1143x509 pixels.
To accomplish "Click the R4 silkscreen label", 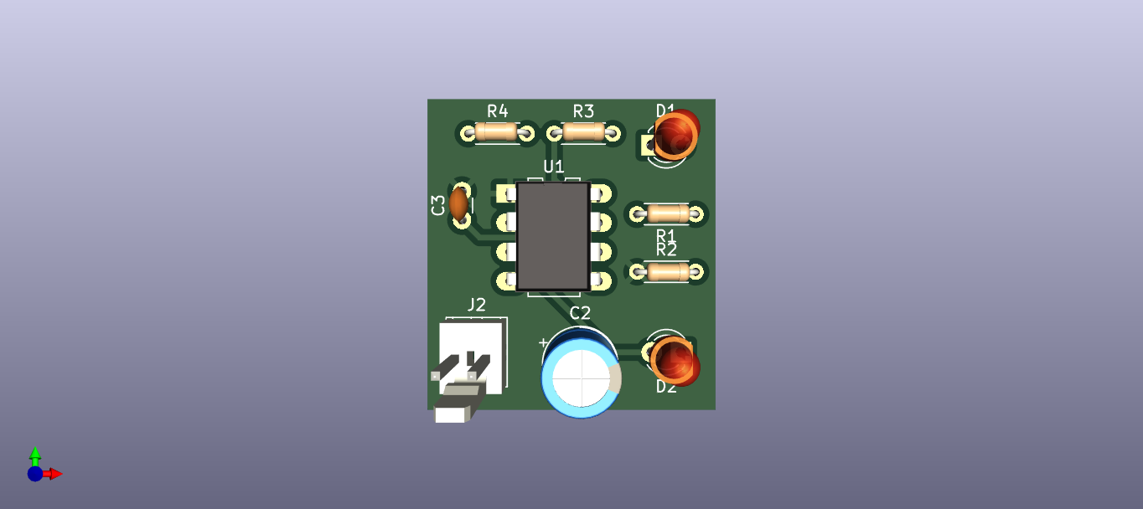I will (498, 111).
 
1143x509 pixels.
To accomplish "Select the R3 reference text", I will (583, 111).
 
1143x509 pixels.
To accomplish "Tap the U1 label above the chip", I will (554, 167).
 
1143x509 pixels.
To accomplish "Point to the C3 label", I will (438, 205).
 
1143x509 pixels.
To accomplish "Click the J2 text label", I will (476, 304).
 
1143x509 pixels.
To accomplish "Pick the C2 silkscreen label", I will (580, 313).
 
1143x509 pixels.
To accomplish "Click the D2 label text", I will (666, 387).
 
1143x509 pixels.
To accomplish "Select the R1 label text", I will (666, 234).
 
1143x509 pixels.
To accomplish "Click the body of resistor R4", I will (496, 131).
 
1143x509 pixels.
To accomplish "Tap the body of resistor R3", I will (583, 131).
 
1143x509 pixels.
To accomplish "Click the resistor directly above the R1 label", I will (668, 213).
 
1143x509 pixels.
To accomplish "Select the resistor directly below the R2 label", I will (668, 271).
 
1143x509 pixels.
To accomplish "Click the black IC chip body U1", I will (552, 236).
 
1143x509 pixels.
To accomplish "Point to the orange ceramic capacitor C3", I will (458, 203).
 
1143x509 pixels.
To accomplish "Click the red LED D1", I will (675, 133).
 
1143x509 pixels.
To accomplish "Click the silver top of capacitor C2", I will (582, 378).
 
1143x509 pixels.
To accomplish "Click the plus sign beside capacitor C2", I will (543, 342).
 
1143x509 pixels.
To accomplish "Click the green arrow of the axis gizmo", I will (35, 455).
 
